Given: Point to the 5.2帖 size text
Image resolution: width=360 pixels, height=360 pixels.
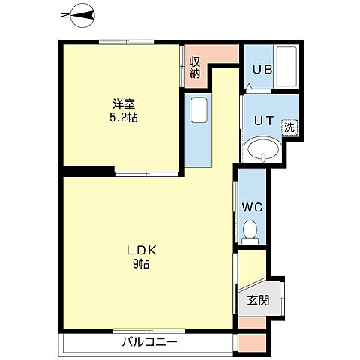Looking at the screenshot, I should point(122,118).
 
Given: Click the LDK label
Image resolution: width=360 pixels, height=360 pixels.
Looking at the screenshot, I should point(140,250).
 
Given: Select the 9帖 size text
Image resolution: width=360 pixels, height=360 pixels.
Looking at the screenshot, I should point(140,264).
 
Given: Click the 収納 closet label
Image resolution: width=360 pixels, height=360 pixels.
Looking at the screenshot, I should point(195,67).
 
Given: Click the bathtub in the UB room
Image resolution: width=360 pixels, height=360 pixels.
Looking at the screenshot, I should point(288,68).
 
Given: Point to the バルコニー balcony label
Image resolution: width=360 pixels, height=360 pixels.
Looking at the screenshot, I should point(149,343).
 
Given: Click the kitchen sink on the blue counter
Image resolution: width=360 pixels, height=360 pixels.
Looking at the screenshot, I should point(198,111).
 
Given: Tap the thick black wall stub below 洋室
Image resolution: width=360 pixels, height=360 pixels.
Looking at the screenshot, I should point(88,170).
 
